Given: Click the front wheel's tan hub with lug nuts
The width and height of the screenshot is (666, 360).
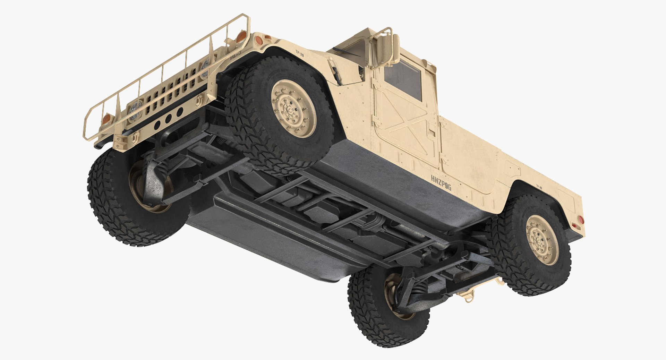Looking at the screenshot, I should pos(293,109).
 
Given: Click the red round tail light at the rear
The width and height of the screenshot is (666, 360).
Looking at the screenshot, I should pos(581,220).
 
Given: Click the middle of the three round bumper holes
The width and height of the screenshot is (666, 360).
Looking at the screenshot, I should pos(168,119).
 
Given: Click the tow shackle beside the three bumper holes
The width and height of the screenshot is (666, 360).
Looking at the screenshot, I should pos(199,101).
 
